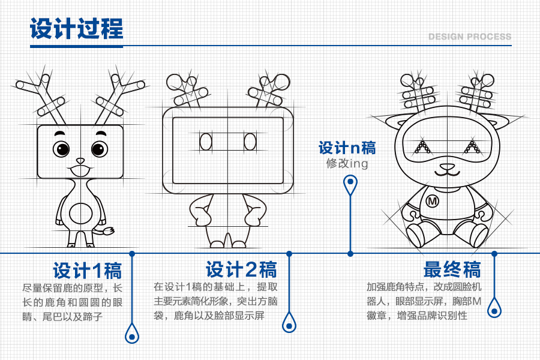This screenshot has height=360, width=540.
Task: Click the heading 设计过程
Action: [x=76, y=29]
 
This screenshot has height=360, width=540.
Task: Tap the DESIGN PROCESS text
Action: [x=470, y=37]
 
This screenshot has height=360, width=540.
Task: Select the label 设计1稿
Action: [x=87, y=270]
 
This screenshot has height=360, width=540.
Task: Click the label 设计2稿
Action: [x=241, y=269]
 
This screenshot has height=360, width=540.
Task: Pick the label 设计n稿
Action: [x=347, y=148]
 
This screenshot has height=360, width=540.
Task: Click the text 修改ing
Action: [x=347, y=163]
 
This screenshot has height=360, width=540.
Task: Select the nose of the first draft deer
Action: [x=80, y=161]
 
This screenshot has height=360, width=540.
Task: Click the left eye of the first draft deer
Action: [x=61, y=148]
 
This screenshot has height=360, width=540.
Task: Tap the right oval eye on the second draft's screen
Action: [x=250, y=142]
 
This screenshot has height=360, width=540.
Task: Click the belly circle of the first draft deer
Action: [x=80, y=213]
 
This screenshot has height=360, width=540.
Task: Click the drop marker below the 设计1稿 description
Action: [x=131, y=333]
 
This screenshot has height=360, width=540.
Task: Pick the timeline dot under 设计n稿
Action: [x=350, y=253]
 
